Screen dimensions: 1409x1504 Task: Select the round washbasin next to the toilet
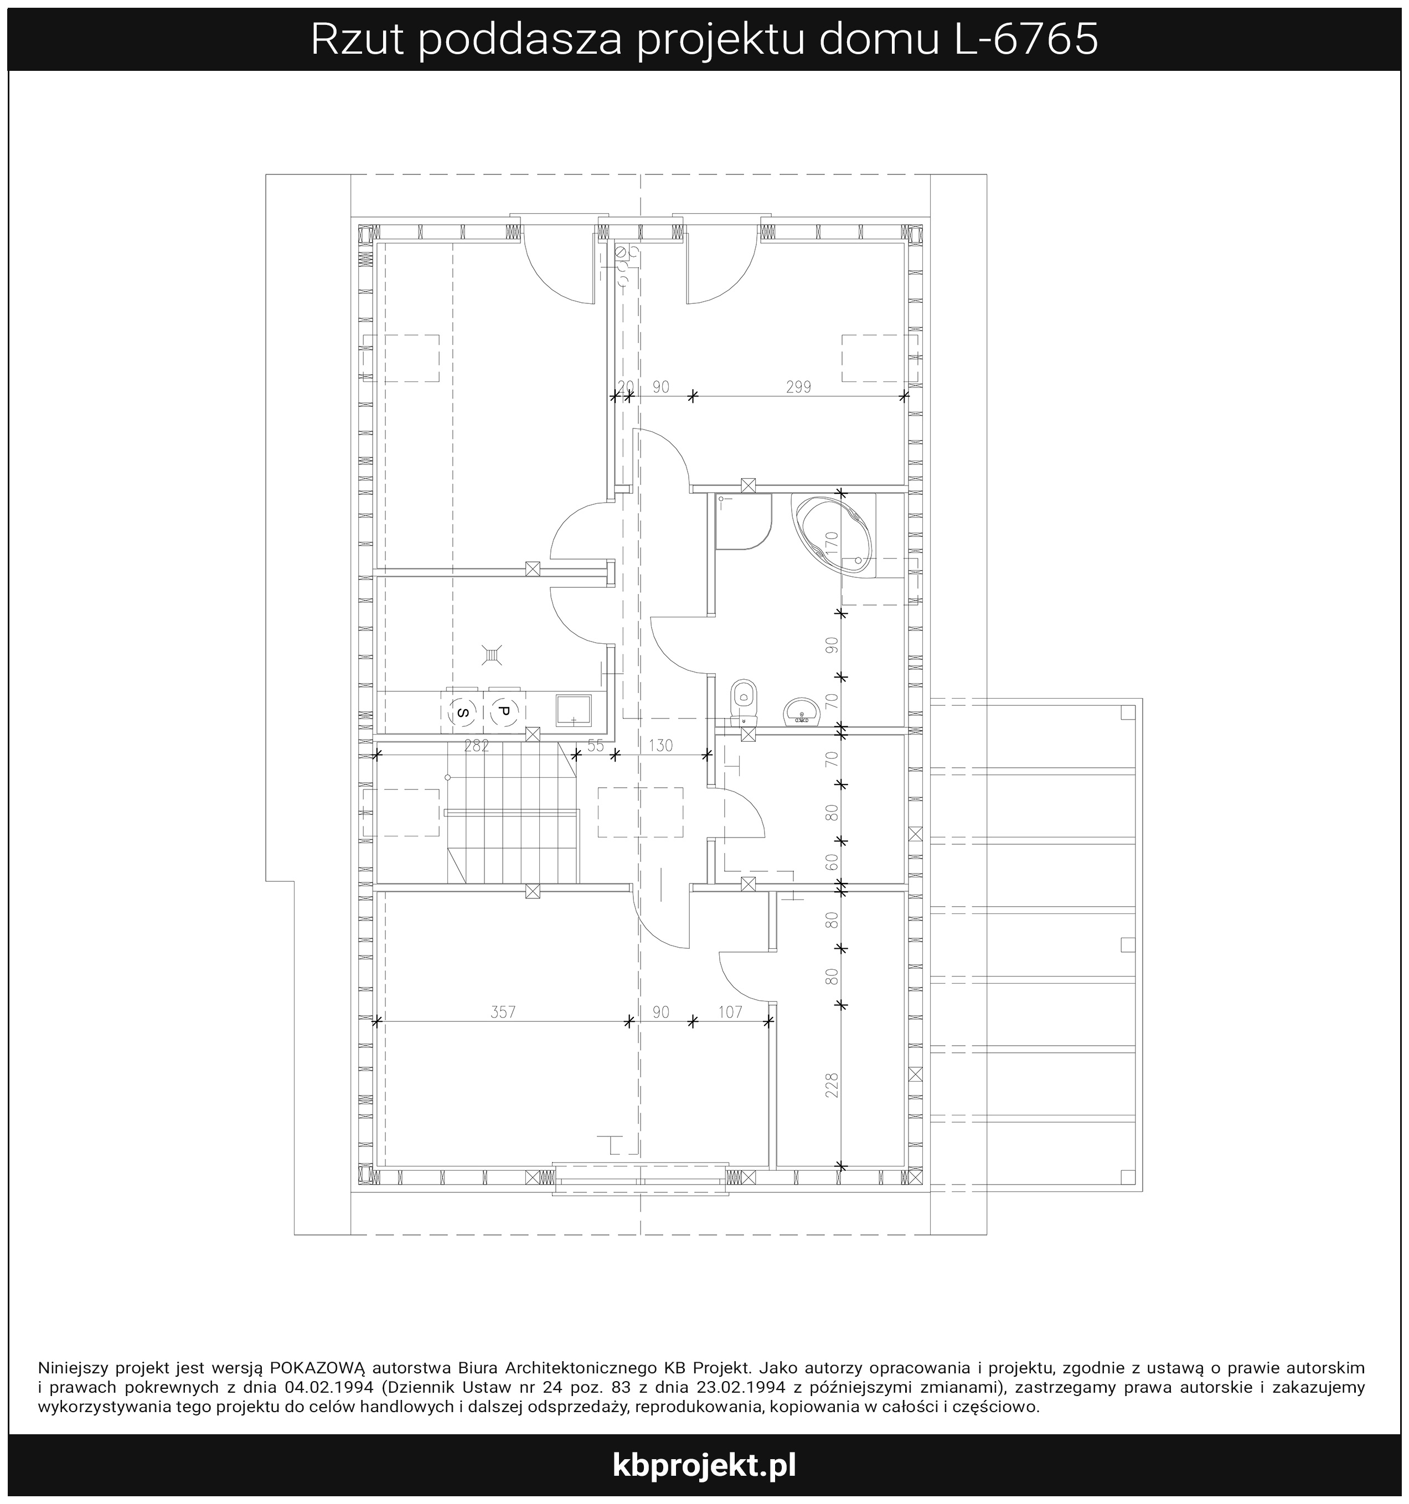tap(801, 712)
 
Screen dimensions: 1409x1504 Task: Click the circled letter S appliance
tap(462, 712)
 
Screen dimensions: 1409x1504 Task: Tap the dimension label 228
tap(832, 1085)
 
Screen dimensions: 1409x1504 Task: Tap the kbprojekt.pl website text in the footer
tap(704, 1465)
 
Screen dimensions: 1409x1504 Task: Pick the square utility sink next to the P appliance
tap(574, 710)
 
